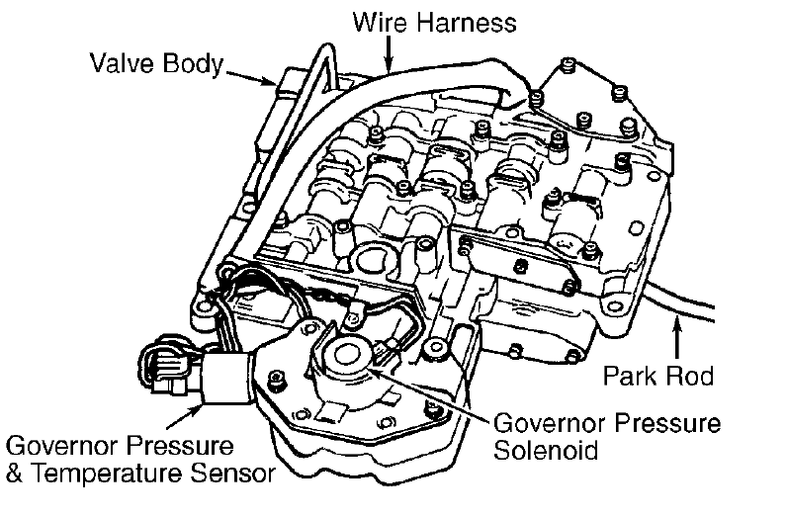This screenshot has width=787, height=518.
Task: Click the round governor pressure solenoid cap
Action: (348, 354)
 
